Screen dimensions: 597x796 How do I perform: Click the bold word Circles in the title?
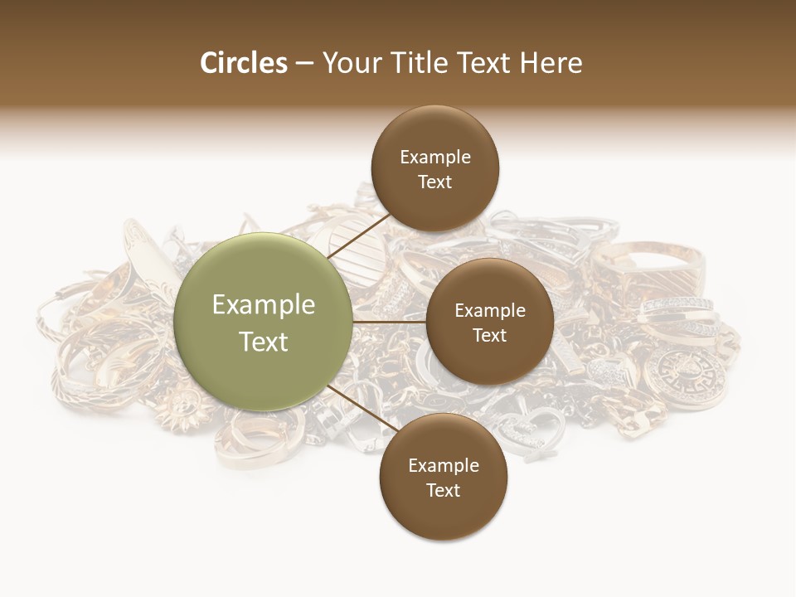click(x=243, y=63)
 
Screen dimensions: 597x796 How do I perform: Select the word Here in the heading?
click(x=551, y=63)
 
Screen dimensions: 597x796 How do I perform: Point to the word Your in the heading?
click(x=353, y=63)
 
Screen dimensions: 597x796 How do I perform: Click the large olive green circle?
click(x=263, y=322)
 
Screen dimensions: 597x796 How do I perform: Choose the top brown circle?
click(x=434, y=168)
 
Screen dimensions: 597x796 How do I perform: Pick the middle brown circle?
click(x=489, y=322)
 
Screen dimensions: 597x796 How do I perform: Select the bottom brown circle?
click(x=443, y=477)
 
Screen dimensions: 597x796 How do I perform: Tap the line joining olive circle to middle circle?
click(x=390, y=322)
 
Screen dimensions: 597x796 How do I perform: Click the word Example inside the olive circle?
click(x=263, y=305)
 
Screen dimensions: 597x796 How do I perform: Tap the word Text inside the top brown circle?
click(x=434, y=182)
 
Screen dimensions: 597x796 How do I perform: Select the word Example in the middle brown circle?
click(x=489, y=311)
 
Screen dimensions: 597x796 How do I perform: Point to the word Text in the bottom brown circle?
click(x=443, y=491)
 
